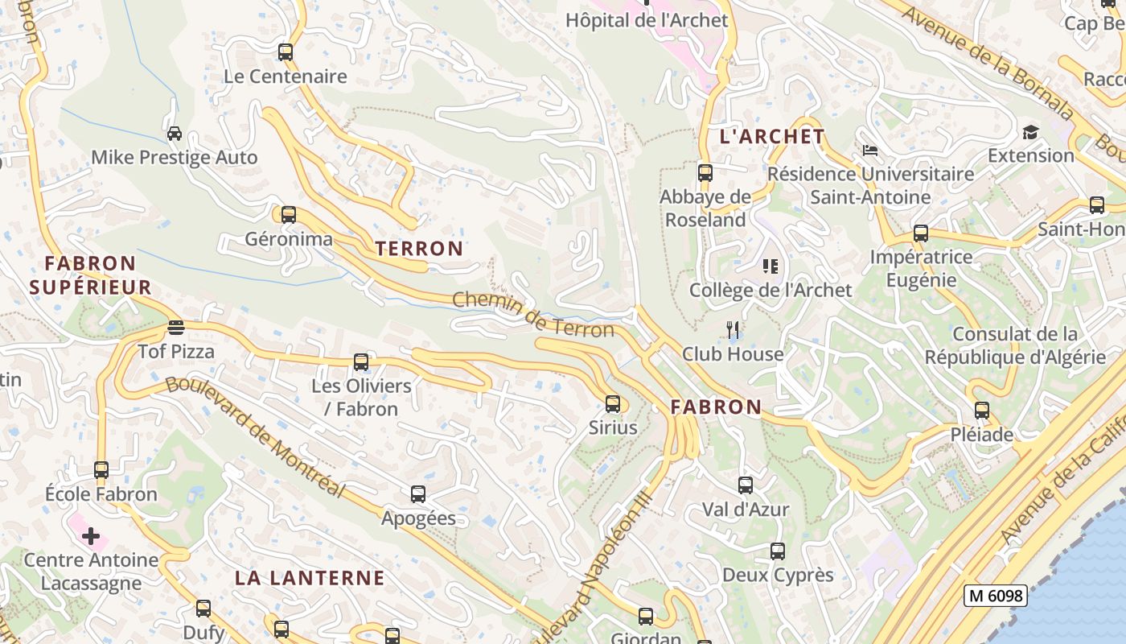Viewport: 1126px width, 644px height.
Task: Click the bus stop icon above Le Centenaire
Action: pyautogui.click(x=286, y=52)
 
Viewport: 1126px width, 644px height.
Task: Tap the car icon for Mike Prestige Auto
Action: pyautogui.click(x=174, y=133)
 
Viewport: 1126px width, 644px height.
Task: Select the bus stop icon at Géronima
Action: pyautogui.click(x=288, y=215)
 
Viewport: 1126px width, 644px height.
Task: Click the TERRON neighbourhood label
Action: pyautogui.click(x=419, y=249)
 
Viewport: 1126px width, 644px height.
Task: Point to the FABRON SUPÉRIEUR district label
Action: pyautogui.click(x=90, y=275)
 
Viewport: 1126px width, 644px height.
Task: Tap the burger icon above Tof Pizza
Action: pyautogui.click(x=176, y=327)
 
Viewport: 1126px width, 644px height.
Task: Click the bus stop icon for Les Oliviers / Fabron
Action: pyautogui.click(x=361, y=362)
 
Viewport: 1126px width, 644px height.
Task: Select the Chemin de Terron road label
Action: pyautogui.click(x=532, y=314)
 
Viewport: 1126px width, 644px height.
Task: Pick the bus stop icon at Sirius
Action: pyautogui.click(x=613, y=404)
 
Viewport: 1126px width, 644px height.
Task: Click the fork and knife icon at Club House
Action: pyautogui.click(x=733, y=329)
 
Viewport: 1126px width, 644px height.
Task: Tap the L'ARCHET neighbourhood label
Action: pyautogui.click(x=772, y=137)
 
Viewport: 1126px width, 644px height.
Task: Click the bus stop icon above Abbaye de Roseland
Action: pyautogui.click(x=705, y=172)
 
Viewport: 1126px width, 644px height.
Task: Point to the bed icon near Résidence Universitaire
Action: pyautogui.click(x=869, y=150)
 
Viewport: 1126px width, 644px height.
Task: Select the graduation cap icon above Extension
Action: pyautogui.click(x=1030, y=132)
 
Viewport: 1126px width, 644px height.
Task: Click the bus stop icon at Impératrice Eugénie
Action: pyautogui.click(x=921, y=234)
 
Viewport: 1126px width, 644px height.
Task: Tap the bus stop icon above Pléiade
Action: pyautogui.click(x=982, y=411)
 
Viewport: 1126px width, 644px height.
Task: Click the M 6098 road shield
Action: pyautogui.click(x=996, y=596)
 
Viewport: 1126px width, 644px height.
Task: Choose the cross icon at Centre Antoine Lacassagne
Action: pyautogui.click(x=91, y=536)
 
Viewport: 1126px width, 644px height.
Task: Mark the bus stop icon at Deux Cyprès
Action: pyautogui.click(x=777, y=551)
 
